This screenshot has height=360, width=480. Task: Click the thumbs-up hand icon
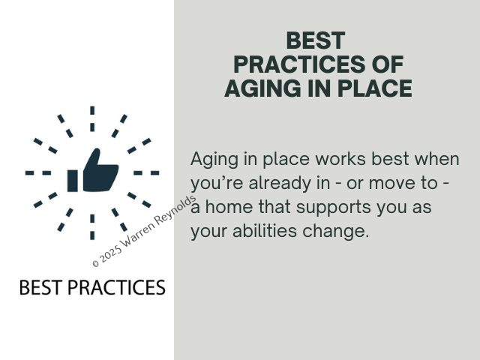[93, 170]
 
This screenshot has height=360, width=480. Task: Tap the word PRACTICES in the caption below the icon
[117, 287]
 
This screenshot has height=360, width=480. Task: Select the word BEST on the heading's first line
[316, 40]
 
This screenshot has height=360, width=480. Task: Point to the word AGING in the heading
[262, 88]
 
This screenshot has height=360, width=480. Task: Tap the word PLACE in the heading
[375, 88]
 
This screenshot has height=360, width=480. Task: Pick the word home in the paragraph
[229, 207]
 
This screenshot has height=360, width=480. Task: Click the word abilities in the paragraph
[265, 230]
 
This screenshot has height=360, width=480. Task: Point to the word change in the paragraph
[335, 232]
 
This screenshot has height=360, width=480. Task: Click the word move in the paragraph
[391, 183]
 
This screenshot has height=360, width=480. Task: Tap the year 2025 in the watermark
[110, 254]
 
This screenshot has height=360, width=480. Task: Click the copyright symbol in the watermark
[95, 263]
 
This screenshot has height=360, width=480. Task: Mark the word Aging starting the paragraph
[214, 160]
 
